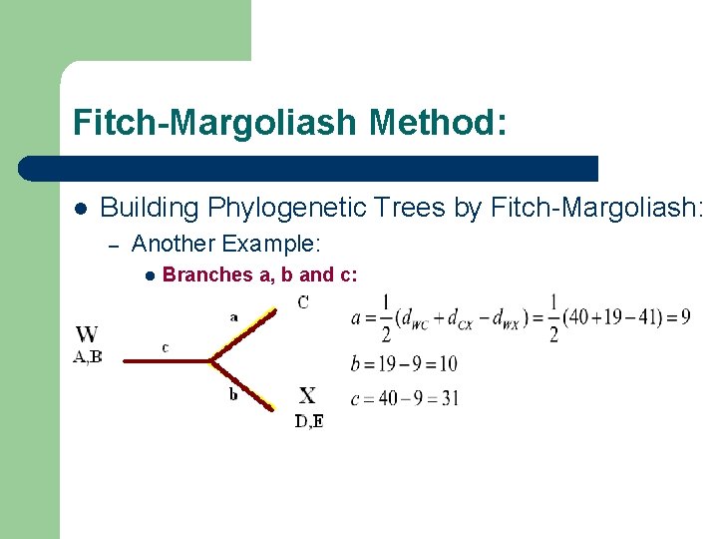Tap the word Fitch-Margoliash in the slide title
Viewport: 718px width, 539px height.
tap(214, 124)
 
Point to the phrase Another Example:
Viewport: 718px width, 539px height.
tap(225, 243)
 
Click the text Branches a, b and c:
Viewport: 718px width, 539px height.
tap(259, 274)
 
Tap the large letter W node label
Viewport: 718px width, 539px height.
tap(87, 334)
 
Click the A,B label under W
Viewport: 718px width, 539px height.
tap(88, 356)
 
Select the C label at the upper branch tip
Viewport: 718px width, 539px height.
tap(303, 301)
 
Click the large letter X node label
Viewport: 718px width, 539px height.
tap(307, 396)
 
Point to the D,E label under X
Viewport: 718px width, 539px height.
tap(308, 421)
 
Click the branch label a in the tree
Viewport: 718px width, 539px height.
tap(233, 316)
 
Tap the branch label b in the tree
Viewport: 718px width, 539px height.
tap(233, 394)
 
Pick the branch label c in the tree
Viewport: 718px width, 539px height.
tap(165, 347)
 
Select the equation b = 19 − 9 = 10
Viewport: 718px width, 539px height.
tap(404, 363)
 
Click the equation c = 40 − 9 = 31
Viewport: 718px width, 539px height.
tap(405, 398)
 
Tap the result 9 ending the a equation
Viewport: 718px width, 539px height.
tap(685, 317)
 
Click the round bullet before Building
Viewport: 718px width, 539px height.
tap(80, 209)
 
